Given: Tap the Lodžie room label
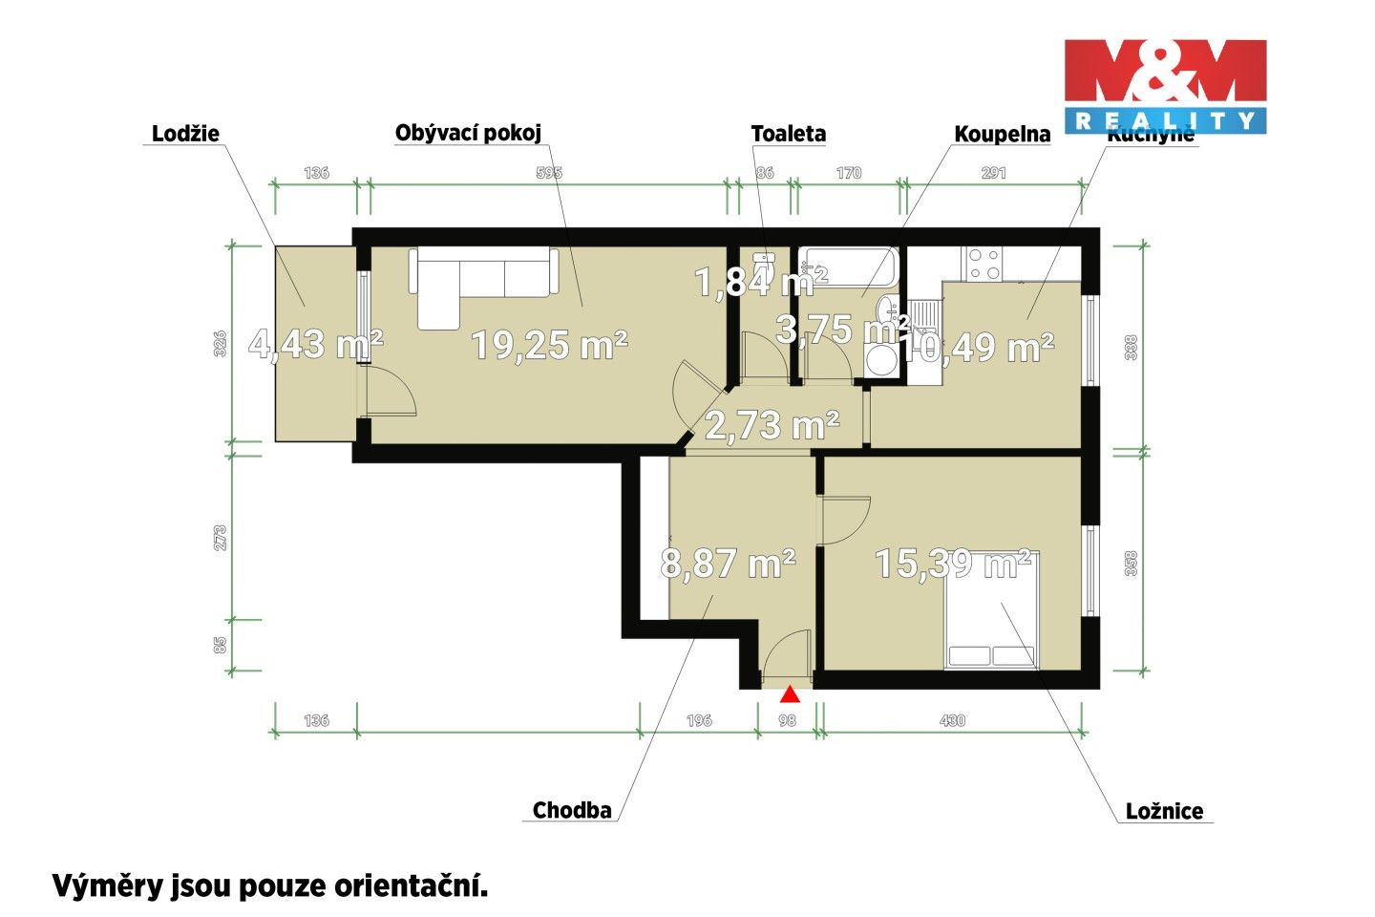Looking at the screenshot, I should [x=185, y=134].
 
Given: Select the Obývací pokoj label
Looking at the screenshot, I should [x=468, y=133].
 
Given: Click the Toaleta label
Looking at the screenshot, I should [x=788, y=134].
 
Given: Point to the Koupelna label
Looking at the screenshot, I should [x=1002, y=135].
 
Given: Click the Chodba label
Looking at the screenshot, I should [x=572, y=810].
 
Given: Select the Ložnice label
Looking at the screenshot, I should [x=1164, y=811].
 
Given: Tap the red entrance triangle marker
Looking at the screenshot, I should [x=790, y=694].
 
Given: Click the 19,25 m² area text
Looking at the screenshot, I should [x=549, y=345].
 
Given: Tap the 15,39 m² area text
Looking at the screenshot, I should [x=952, y=564].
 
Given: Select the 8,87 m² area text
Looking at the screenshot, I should [x=728, y=564].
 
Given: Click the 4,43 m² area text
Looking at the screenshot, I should [x=315, y=344].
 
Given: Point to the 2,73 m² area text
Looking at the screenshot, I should [x=772, y=425].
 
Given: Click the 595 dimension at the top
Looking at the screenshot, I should [x=549, y=173].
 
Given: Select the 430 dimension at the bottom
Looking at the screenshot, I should [x=952, y=720].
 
